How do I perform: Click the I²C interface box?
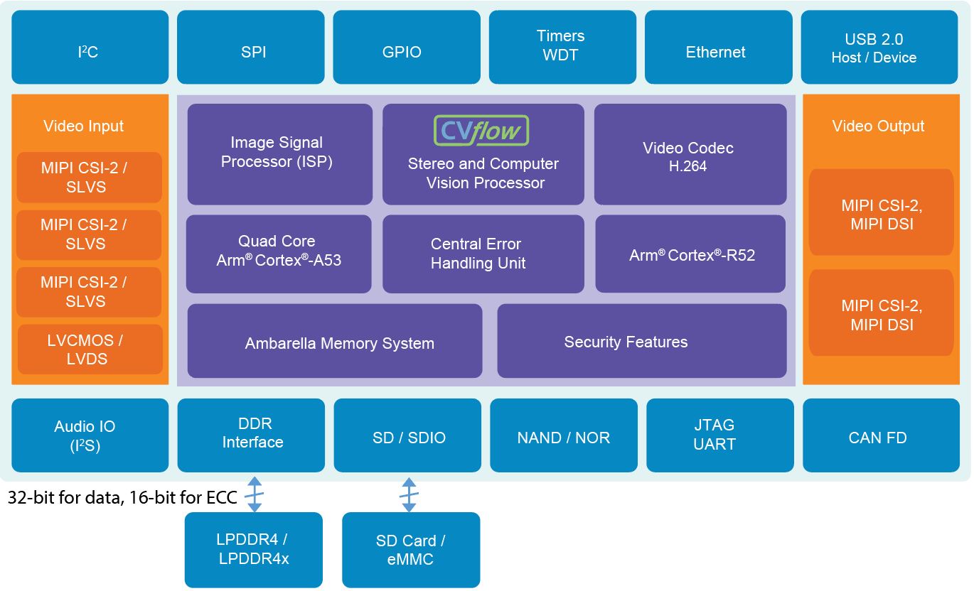pos(90,47)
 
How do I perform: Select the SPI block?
pos(254,47)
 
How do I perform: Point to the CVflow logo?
pos(481,131)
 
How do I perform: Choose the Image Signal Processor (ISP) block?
pos(279,154)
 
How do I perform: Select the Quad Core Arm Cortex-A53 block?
pos(279,254)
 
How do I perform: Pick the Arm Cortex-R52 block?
pos(690,254)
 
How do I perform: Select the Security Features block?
pos(641,341)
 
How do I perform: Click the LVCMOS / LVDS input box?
pos(90,349)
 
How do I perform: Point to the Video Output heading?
pos(878,126)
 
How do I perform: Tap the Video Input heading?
pos(83,126)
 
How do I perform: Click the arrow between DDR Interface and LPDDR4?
pos(254,494)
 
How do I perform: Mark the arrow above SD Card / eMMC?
pos(409,494)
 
